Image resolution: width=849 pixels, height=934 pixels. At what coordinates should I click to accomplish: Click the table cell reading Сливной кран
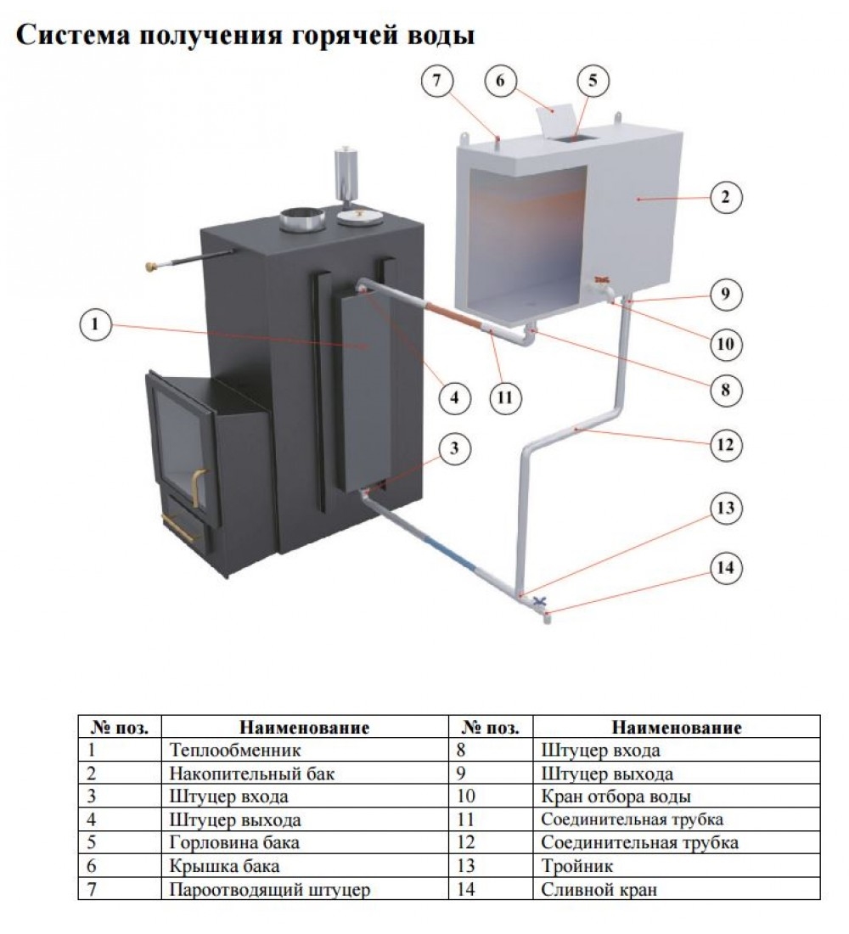(x=597, y=890)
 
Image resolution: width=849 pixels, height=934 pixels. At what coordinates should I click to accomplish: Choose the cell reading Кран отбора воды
(x=615, y=797)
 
